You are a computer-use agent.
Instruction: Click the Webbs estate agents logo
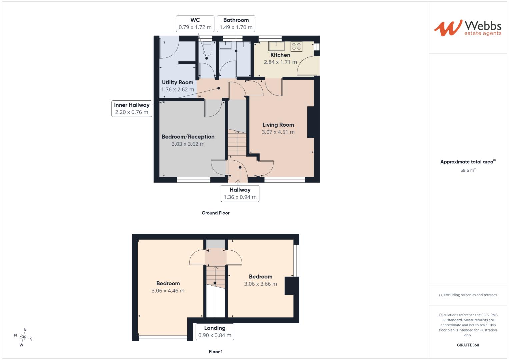coord(468,28)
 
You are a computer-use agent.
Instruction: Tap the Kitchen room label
coord(280,55)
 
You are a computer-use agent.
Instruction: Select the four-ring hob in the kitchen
coord(296,47)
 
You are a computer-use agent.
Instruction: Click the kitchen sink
coord(277,46)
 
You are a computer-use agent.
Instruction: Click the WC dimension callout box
coord(195,24)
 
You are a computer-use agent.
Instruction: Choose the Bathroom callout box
coord(236,24)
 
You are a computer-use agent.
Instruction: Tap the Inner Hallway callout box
coord(132,109)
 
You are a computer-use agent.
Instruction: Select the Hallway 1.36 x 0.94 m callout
coord(240,194)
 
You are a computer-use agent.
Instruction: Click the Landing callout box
coord(215,332)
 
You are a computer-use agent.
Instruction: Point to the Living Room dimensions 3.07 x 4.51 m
coord(278,132)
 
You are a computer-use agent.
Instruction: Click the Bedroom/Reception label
coord(188,137)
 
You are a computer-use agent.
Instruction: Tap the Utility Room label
coord(177,82)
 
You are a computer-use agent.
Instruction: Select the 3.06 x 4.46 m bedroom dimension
coord(168,291)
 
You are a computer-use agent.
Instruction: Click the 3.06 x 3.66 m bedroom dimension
coord(260,284)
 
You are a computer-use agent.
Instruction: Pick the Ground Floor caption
coord(216,213)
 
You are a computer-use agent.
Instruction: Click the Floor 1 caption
coord(216,352)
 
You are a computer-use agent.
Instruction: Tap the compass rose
coord(23,337)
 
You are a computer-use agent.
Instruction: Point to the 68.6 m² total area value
coord(468,170)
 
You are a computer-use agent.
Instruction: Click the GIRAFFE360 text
coord(468,345)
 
